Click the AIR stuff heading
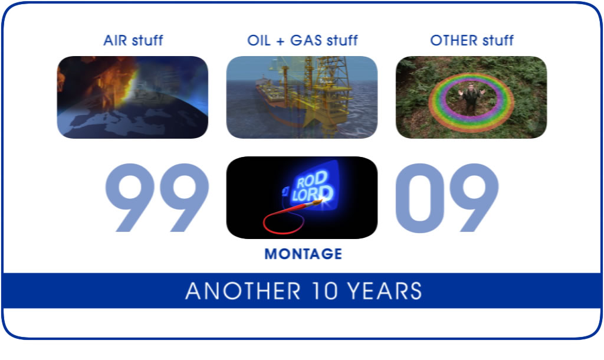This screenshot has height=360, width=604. (133, 40)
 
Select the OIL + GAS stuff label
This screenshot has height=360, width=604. (303, 40)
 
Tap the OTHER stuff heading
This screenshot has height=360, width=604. (472, 40)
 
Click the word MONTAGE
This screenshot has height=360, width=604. (303, 254)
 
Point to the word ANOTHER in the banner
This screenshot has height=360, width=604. (242, 291)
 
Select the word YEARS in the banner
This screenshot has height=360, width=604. (385, 291)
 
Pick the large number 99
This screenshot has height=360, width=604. (157, 197)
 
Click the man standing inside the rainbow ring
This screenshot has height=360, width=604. (471, 99)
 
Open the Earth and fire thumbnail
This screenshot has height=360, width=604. (133, 97)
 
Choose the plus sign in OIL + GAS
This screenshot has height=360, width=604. (280, 41)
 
